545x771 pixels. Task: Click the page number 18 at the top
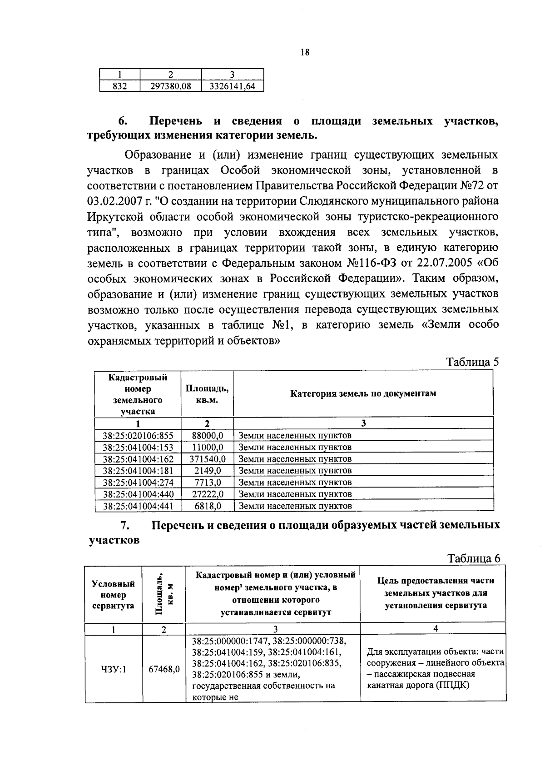[x=305, y=53]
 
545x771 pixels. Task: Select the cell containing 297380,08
[x=170, y=86]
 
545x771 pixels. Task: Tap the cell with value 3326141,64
[x=232, y=86]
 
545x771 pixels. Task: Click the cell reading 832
[x=119, y=86]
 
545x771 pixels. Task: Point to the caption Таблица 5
[x=472, y=362]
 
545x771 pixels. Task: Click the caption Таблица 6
[x=473, y=558]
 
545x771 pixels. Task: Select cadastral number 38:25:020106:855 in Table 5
[x=138, y=435]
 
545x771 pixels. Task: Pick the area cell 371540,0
[x=207, y=459]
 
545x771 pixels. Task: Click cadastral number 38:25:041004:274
[x=138, y=482]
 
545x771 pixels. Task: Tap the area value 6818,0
[x=207, y=506]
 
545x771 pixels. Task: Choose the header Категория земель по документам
[x=363, y=393]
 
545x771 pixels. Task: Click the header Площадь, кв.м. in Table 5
[x=207, y=394]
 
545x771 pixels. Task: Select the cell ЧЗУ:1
[x=114, y=669]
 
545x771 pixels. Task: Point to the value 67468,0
[x=164, y=669]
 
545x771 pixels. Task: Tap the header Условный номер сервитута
[x=113, y=594]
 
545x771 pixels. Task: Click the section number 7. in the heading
[x=125, y=525]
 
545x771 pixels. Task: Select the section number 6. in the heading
[x=122, y=121]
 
